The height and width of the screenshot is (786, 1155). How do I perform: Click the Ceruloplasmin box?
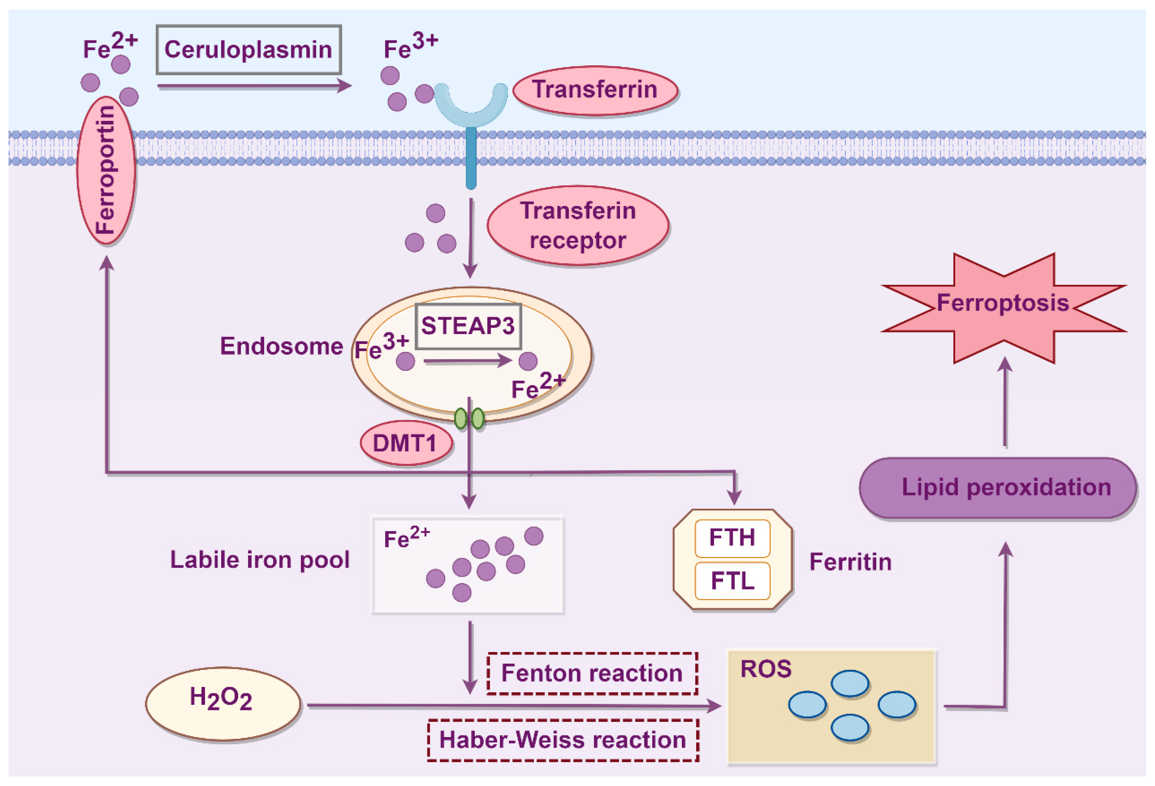[x=248, y=50]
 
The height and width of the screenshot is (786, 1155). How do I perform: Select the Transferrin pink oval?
[x=595, y=90]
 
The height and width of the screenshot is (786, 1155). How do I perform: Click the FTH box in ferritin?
[x=732, y=538]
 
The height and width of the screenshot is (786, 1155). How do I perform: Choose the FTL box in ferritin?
[x=732, y=581]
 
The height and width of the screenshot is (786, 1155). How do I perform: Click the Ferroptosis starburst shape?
[x=1004, y=308]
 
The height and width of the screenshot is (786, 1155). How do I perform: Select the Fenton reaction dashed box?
[x=592, y=673]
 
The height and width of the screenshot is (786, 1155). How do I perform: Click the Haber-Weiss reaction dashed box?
[x=563, y=740]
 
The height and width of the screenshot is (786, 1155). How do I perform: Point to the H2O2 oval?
[x=223, y=704]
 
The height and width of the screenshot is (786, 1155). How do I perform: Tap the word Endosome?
[x=281, y=346]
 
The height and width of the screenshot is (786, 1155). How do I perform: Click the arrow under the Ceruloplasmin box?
[x=254, y=86]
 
